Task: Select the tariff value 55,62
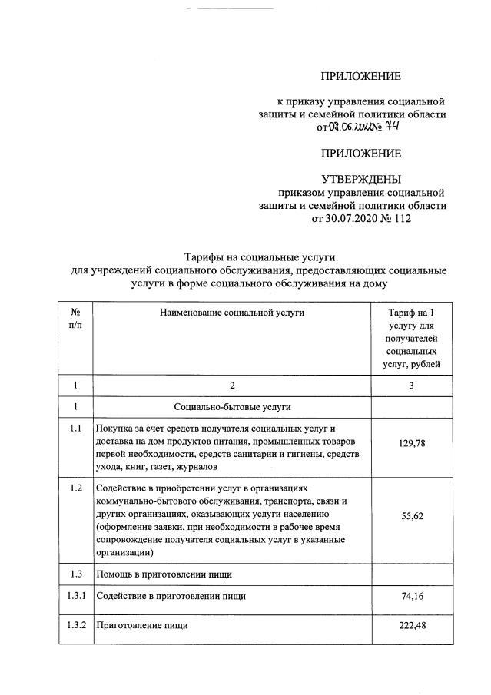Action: pyautogui.click(x=413, y=518)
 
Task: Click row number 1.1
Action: pyautogui.click(x=75, y=429)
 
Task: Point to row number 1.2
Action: pyautogui.click(x=75, y=488)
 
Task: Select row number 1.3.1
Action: pyautogui.click(x=75, y=595)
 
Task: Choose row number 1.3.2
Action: pyautogui.click(x=75, y=625)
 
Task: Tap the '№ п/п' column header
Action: pyautogui.click(x=75, y=319)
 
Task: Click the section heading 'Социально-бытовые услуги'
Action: pyautogui.click(x=232, y=406)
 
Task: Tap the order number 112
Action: pyautogui.click(x=403, y=219)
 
